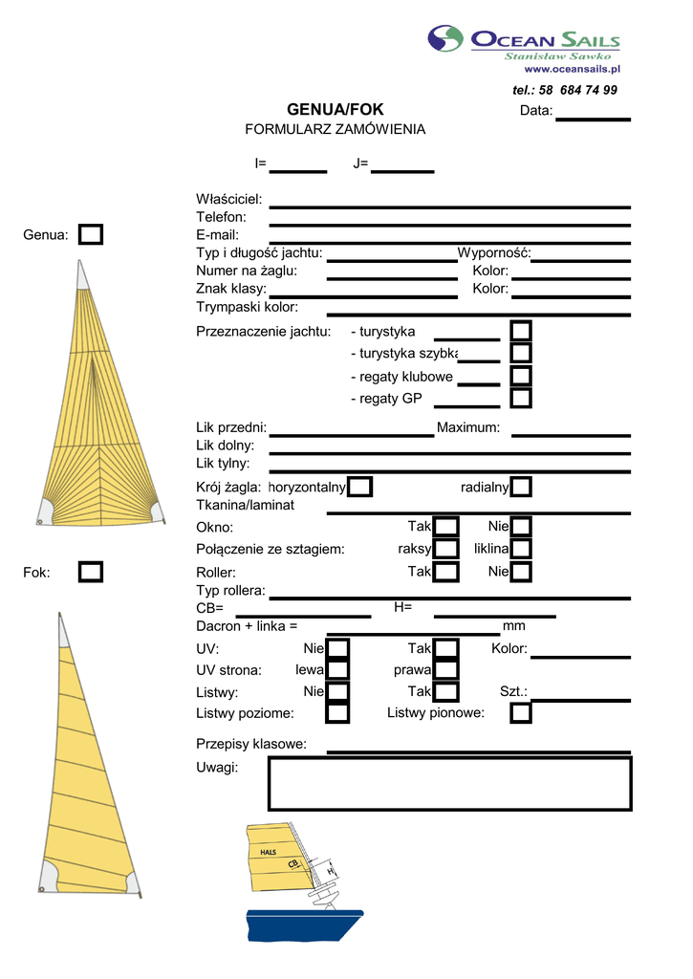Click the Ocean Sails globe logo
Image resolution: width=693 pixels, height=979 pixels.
coord(445,38)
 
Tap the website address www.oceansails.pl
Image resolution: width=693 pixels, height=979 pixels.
coord(572,69)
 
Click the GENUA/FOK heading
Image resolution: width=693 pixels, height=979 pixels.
coord(336,109)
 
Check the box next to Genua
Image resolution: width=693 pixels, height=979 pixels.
coord(91,235)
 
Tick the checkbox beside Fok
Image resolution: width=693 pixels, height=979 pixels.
coord(91,572)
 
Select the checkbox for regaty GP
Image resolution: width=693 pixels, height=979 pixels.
coord(521,399)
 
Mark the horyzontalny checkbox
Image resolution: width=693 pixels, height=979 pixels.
coord(359,487)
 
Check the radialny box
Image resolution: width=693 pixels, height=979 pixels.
coord(521,487)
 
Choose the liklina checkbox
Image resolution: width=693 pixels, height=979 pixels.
coord(521,549)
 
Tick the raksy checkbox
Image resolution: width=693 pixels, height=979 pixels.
coord(445,549)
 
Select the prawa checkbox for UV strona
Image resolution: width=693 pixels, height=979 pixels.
coord(445,670)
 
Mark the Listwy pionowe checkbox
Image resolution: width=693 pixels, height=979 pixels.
coord(521,713)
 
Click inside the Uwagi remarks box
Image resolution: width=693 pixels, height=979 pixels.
coord(449,784)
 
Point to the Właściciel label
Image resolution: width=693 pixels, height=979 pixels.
coord(229,199)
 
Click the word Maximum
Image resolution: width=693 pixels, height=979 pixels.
coord(468,427)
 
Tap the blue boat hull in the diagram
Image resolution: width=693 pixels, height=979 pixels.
coord(305,925)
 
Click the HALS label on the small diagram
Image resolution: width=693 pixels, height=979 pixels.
coord(268,852)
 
